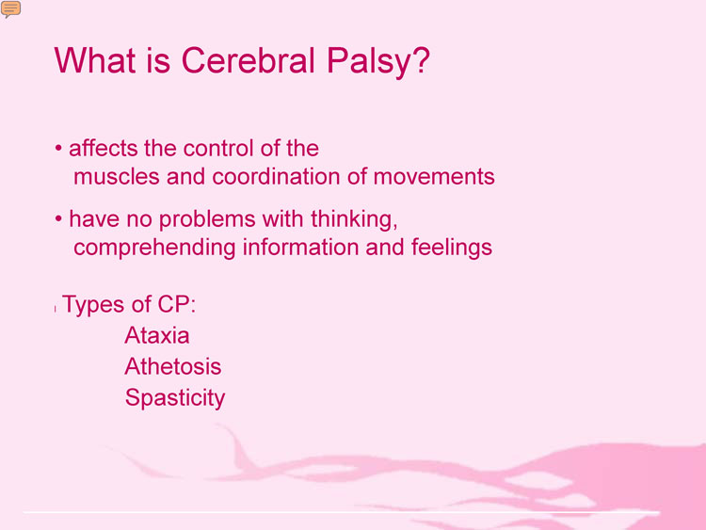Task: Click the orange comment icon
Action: pos(10,9)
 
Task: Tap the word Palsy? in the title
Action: pos(378,62)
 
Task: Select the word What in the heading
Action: pos(95,60)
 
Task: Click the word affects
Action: pos(104,148)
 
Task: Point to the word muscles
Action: pos(116,177)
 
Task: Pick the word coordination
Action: pos(276,177)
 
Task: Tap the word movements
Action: pos(434,177)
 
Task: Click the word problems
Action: pos(207,220)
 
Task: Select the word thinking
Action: pos(354,219)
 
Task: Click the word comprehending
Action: pos(154,249)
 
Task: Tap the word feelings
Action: pos(452,249)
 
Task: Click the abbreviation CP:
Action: pos(177,304)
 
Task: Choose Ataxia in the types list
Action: pos(156,335)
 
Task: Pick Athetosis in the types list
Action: pos(173,366)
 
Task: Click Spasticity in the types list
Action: pos(175,399)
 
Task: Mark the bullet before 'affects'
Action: pos(58,148)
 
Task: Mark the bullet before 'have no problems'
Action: pos(58,218)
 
